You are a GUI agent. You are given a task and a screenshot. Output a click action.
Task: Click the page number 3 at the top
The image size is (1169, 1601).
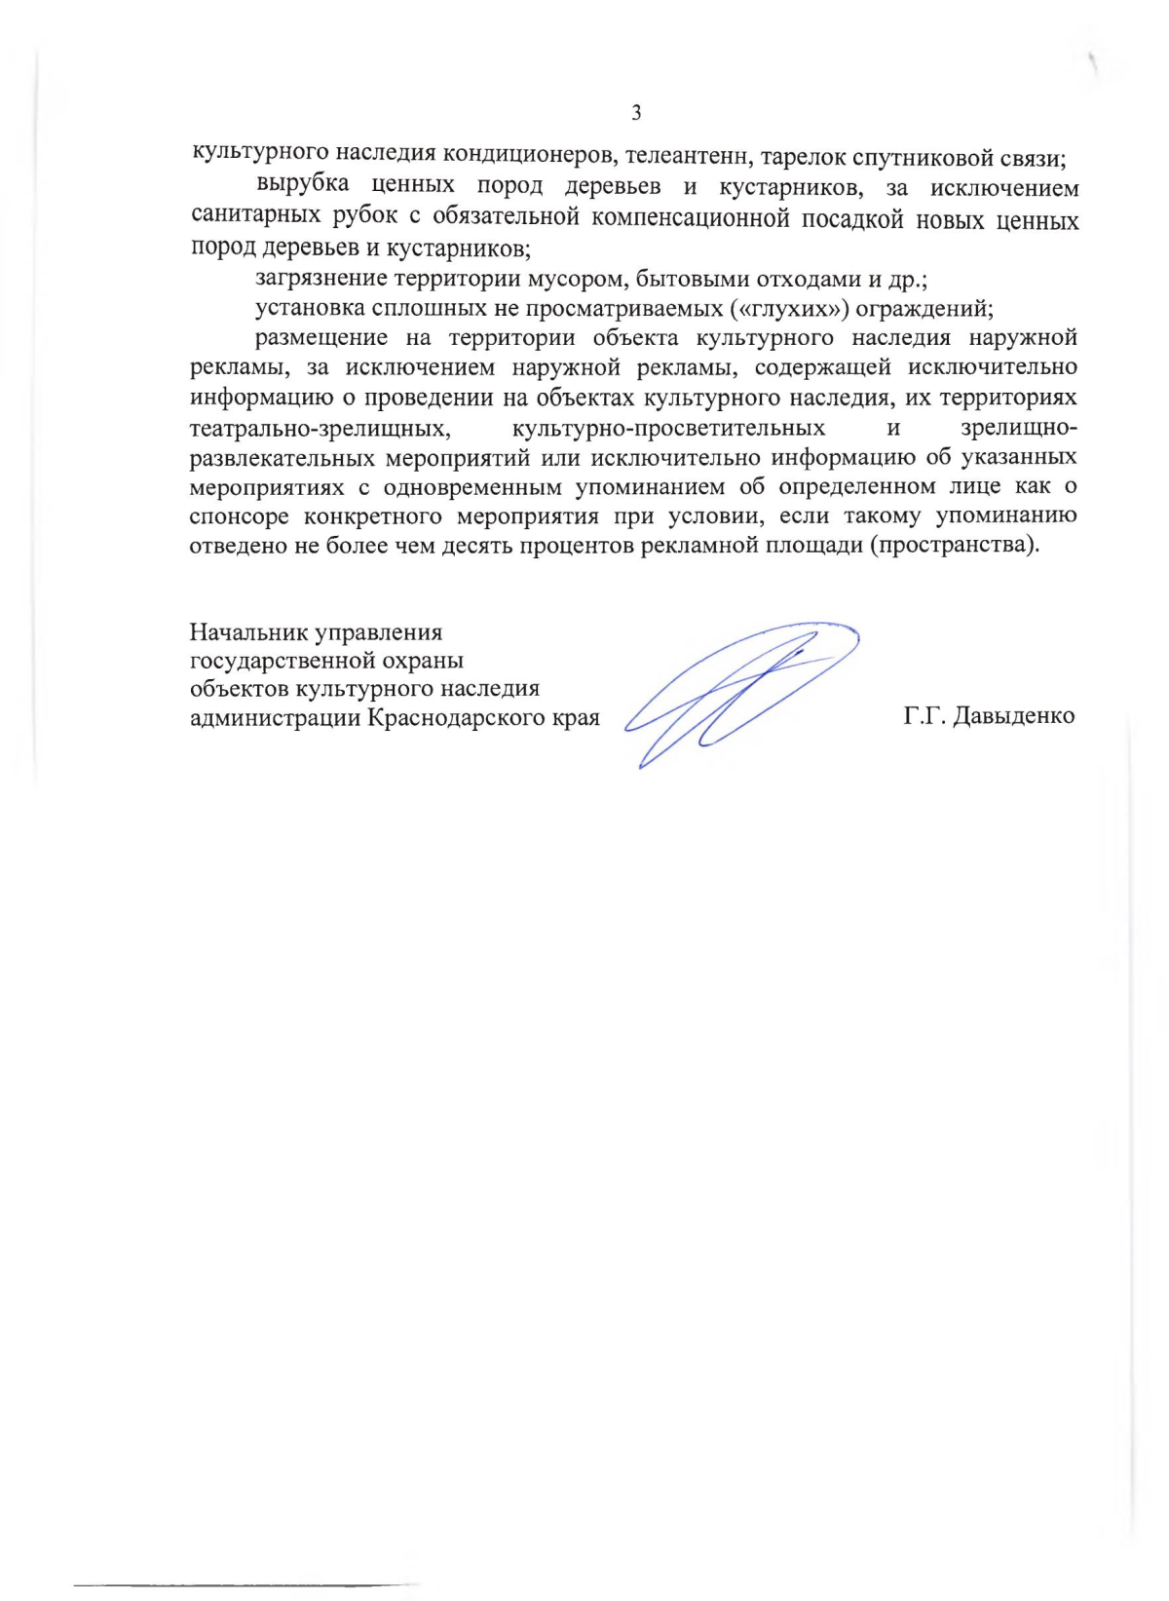[x=636, y=113]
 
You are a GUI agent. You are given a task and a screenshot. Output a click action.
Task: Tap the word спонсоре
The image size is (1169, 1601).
[x=240, y=516]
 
